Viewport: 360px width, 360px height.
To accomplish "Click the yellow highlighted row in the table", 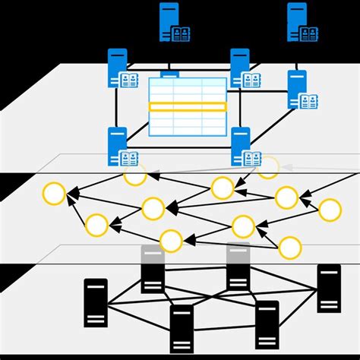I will click(x=188, y=107).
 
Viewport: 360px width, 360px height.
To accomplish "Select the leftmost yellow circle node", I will click(x=54, y=194).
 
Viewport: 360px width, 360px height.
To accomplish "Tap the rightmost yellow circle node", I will click(x=330, y=210).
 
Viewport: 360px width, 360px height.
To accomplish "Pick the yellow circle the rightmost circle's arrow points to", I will click(x=286, y=197).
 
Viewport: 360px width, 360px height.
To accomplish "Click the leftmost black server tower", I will click(x=96, y=302).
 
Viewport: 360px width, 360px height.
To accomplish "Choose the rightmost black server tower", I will click(x=329, y=289).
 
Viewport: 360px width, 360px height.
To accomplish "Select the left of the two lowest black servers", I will click(x=182, y=328).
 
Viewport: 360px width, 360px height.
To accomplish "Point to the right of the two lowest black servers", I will click(x=267, y=324).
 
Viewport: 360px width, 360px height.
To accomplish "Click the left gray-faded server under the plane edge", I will click(x=153, y=267).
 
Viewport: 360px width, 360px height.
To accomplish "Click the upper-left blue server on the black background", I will click(x=169, y=21).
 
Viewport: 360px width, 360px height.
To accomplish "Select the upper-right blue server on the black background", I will click(x=296, y=21).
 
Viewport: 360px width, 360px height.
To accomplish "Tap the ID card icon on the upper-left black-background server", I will click(x=181, y=33).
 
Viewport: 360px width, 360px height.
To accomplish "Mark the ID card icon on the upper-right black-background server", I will click(x=308, y=33).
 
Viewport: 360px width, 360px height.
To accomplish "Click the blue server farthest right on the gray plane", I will click(x=296, y=88).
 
